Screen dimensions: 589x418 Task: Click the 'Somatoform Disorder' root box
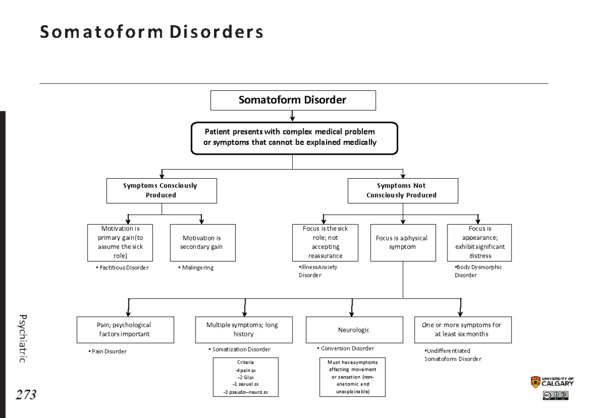[x=293, y=100]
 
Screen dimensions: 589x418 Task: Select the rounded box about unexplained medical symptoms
[x=294, y=138]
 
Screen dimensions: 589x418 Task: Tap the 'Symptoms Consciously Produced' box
[x=162, y=191]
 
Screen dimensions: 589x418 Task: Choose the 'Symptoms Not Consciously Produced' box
[x=403, y=191]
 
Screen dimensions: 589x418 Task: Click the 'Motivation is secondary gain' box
[x=203, y=243]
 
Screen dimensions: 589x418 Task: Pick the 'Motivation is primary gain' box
[x=120, y=243]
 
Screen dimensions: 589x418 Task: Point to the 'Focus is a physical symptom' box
[x=403, y=243]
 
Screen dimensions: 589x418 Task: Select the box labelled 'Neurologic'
[x=354, y=330]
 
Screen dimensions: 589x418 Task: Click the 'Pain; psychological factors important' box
[x=125, y=330]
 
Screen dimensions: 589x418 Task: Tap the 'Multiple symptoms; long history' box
[x=244, y=330]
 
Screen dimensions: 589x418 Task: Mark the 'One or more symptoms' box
[x=463, y=330]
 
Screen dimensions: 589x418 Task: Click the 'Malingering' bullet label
[x=196, y=268]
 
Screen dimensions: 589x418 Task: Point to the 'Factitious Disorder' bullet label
[x=123, y=268]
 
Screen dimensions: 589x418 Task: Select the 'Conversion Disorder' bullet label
[x=346, y=348]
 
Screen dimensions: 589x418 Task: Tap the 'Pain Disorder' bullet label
[x=108, y=351]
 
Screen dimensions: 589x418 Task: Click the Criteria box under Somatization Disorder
[x=246, y=377]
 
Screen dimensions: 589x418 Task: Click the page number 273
[x=26, y=395]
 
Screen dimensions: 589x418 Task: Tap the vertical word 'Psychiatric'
[x=22, y=339]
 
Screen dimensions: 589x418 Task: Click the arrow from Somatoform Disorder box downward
[x=293, y=116]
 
